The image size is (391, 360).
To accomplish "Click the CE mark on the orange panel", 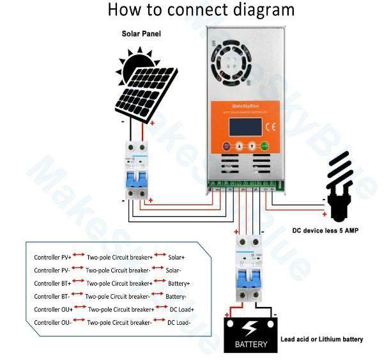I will pos(269,125).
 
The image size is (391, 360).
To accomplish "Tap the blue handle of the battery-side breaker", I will pos(246,278).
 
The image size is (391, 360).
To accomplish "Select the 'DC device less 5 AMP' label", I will pos(325,230).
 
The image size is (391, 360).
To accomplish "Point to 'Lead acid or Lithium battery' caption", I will pos(321,340).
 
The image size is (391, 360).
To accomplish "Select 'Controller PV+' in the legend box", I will pos(53,257).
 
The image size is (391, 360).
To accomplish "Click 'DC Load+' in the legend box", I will pos(181,309).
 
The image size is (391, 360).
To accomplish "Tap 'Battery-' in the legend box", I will pos(176,296).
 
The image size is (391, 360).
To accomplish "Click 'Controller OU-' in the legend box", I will pos(53,323).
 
